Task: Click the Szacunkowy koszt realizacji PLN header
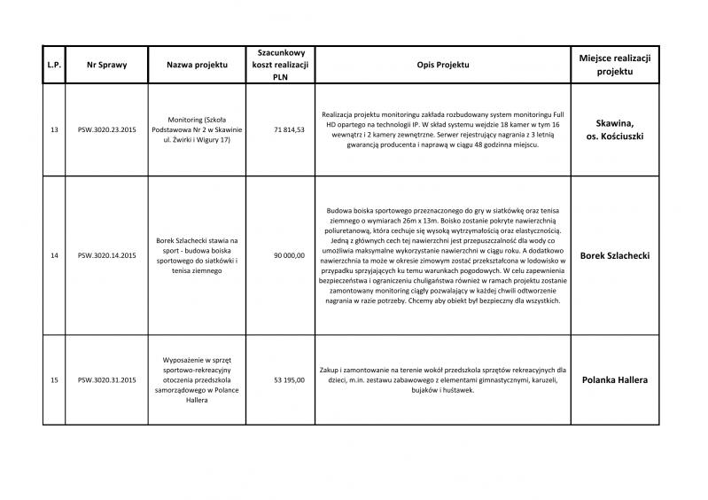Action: tap(276, 65)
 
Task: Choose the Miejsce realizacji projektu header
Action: tap(614, 65)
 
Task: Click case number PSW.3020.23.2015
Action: tap(107, 129)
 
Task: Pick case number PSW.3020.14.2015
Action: tap(107, 255)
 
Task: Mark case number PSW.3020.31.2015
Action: tap(107, 380)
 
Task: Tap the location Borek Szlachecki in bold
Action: tap(614, 255)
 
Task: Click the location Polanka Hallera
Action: tap(614, 380)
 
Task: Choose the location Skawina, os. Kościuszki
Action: tap(614, 129)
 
